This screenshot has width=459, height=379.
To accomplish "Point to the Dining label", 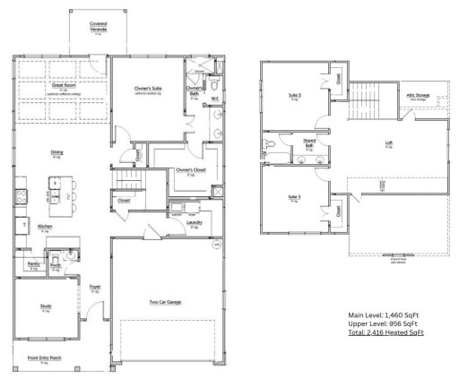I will (56, 153).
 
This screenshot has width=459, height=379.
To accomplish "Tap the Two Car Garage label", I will (165, 302).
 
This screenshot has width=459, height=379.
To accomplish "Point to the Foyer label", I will (94, 288).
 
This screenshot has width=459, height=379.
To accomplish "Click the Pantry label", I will (33, 264).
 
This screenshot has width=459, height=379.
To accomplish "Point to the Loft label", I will (389, 142).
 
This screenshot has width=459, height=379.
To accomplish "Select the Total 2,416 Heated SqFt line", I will (385, 333).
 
